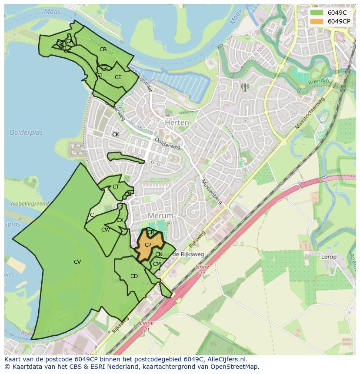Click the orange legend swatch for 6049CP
coord(317,21)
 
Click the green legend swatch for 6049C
coord(317,13)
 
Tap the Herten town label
coord(177,123)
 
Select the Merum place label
coord(160,215)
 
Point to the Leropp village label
coord(329,257)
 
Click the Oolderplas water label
coord(27,132)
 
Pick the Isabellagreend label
coord(30,203)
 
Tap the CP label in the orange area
coord(148,245)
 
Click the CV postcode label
coord(77,261)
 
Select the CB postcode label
coord(103,50)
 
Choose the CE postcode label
coord(118,77)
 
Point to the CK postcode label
coord(116,135)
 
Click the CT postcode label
coord(116,187)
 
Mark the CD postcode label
coord(134,276)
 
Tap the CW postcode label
coord(105,230)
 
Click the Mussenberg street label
coord(212,192)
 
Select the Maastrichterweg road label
coord(310,113)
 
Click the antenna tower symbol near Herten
coord(245,87)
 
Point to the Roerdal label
coord(318,81)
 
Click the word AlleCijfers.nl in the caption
coord(226,359)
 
